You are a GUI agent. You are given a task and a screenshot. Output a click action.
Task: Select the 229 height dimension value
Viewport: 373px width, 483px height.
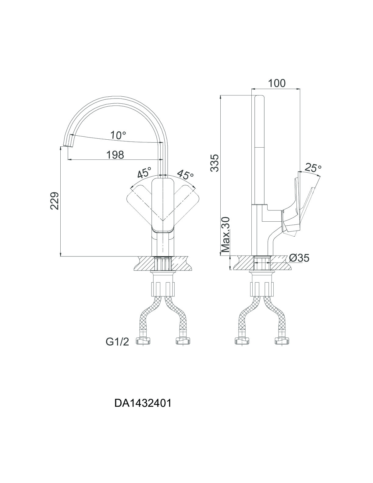55,201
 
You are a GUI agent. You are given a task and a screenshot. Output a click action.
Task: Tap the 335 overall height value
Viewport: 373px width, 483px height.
215,163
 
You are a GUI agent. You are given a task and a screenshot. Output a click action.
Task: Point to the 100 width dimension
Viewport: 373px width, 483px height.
277,83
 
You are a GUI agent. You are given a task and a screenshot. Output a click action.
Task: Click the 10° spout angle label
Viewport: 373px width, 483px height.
118,135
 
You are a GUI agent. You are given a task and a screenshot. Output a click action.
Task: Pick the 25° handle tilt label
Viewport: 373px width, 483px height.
313,167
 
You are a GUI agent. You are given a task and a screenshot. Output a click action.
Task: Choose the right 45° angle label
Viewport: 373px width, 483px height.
185,174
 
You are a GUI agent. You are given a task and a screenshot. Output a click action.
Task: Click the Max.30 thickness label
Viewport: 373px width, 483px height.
226,234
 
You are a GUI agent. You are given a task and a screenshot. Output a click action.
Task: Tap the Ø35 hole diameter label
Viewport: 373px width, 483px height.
299,258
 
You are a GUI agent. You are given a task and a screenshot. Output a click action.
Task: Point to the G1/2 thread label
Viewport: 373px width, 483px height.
117,342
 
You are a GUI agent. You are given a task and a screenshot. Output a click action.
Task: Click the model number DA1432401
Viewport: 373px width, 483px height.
143,403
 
